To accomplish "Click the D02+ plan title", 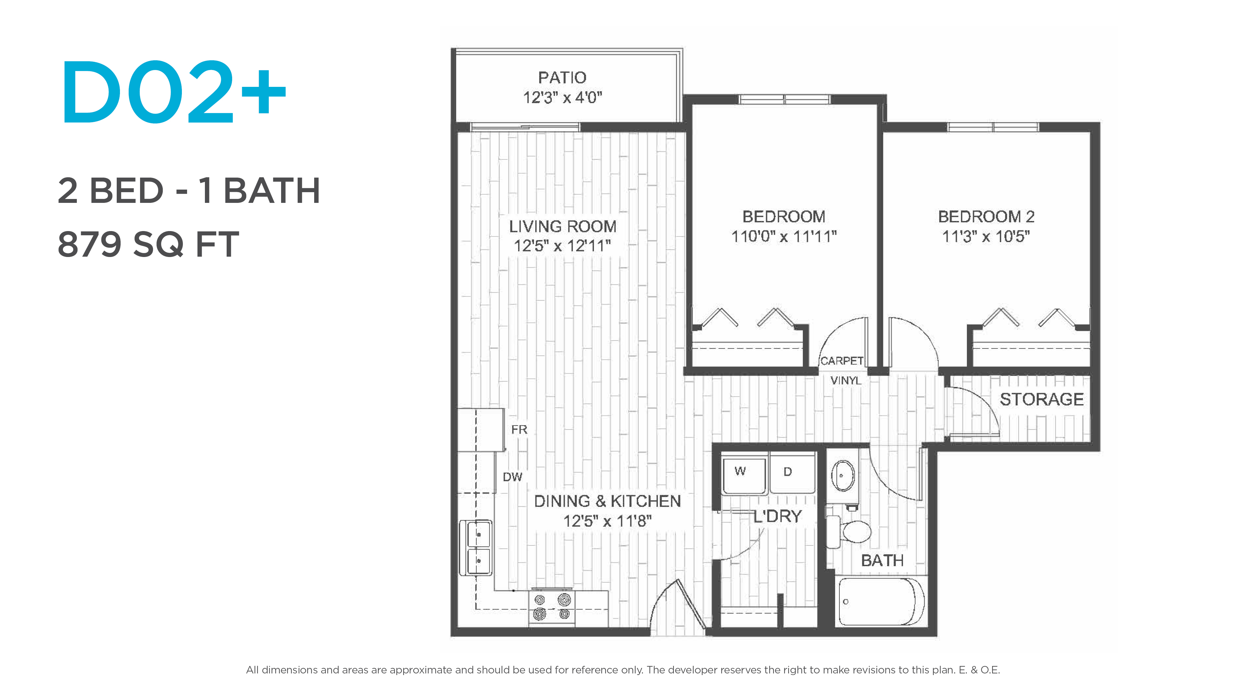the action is point(174,92).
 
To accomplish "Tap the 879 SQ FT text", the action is point(148,244).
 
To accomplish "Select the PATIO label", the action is point(562,77).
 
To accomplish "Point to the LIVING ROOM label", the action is point(563,226).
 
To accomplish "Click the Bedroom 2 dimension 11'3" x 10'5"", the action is point(986,237).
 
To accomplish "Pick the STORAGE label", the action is point(1041,399).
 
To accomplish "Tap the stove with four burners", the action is point(552,607).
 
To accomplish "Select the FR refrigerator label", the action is point(519,429).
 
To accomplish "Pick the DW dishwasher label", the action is point(512,477).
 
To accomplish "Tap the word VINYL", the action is point(846,381).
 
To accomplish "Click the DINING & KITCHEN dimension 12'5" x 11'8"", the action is point(608,521).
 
